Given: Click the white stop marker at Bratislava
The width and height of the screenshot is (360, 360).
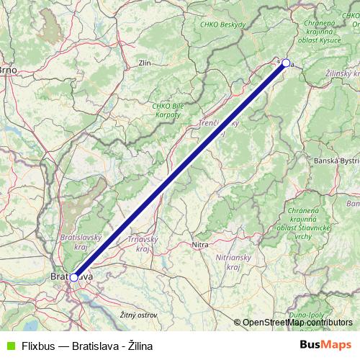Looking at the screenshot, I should [73, 276].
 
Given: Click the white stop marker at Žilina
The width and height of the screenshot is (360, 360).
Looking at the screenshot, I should [286, 63].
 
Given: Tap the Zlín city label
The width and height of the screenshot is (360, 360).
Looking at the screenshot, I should [144, 63].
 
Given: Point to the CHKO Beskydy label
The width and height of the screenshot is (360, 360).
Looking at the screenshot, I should [223, 25].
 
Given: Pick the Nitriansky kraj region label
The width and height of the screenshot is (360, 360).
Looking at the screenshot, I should [233, 261].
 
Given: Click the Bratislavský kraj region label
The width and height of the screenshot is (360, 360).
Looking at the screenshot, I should [81, 241].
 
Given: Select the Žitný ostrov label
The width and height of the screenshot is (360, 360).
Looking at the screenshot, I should [138, 315].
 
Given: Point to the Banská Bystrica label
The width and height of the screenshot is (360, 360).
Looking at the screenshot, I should [337, 161].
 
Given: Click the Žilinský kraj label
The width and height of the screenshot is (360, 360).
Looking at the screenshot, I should [343, 74].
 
